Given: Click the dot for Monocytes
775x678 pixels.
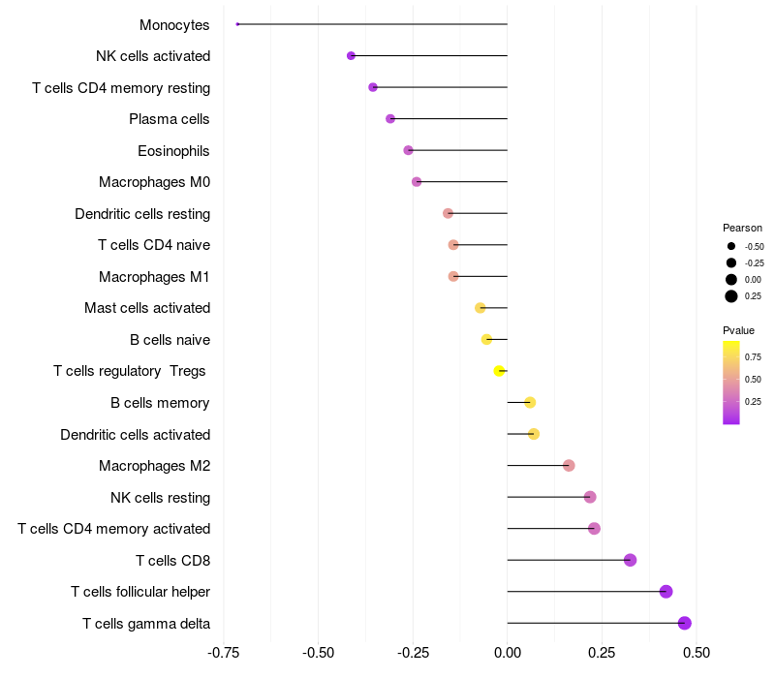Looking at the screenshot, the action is [x=237, y=24].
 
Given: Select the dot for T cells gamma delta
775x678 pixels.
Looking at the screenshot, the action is [x=685, y=623].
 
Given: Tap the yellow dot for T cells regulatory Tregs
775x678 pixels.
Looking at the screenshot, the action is [x=499, y=371].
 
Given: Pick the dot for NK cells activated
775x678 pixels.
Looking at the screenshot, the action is [x=351, y=56].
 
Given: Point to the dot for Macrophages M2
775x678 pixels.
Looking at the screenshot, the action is [x=569, y=466].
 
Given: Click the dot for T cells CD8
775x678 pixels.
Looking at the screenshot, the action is [x=631, y=560].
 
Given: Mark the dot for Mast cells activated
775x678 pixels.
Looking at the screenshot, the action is [x=480, y=308].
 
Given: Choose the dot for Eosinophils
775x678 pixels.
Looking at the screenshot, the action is [x=408, y=150].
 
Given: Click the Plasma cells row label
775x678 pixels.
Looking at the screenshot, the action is [x=169, y=119].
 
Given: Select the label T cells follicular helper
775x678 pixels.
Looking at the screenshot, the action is [x=140, y=592].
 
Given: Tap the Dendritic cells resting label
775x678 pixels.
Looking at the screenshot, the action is [x=142, y=214].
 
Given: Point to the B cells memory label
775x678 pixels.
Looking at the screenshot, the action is [x=160, y=403].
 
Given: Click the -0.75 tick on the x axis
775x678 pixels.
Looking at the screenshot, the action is [x=224, y=653].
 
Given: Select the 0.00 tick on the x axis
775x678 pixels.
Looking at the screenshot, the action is [x=507, y=653].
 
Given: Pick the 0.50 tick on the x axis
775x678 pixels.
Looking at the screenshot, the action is [x=697, y=653].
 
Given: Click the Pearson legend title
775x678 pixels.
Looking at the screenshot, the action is [x=742, y=228].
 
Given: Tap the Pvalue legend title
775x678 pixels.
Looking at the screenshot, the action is [x=738, y=330].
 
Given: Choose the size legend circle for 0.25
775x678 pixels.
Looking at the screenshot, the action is [x=731, y=296].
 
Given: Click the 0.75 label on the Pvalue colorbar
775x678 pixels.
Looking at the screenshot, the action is [x=753, y=356].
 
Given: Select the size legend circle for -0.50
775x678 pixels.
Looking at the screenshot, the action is [x=731, y=246].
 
